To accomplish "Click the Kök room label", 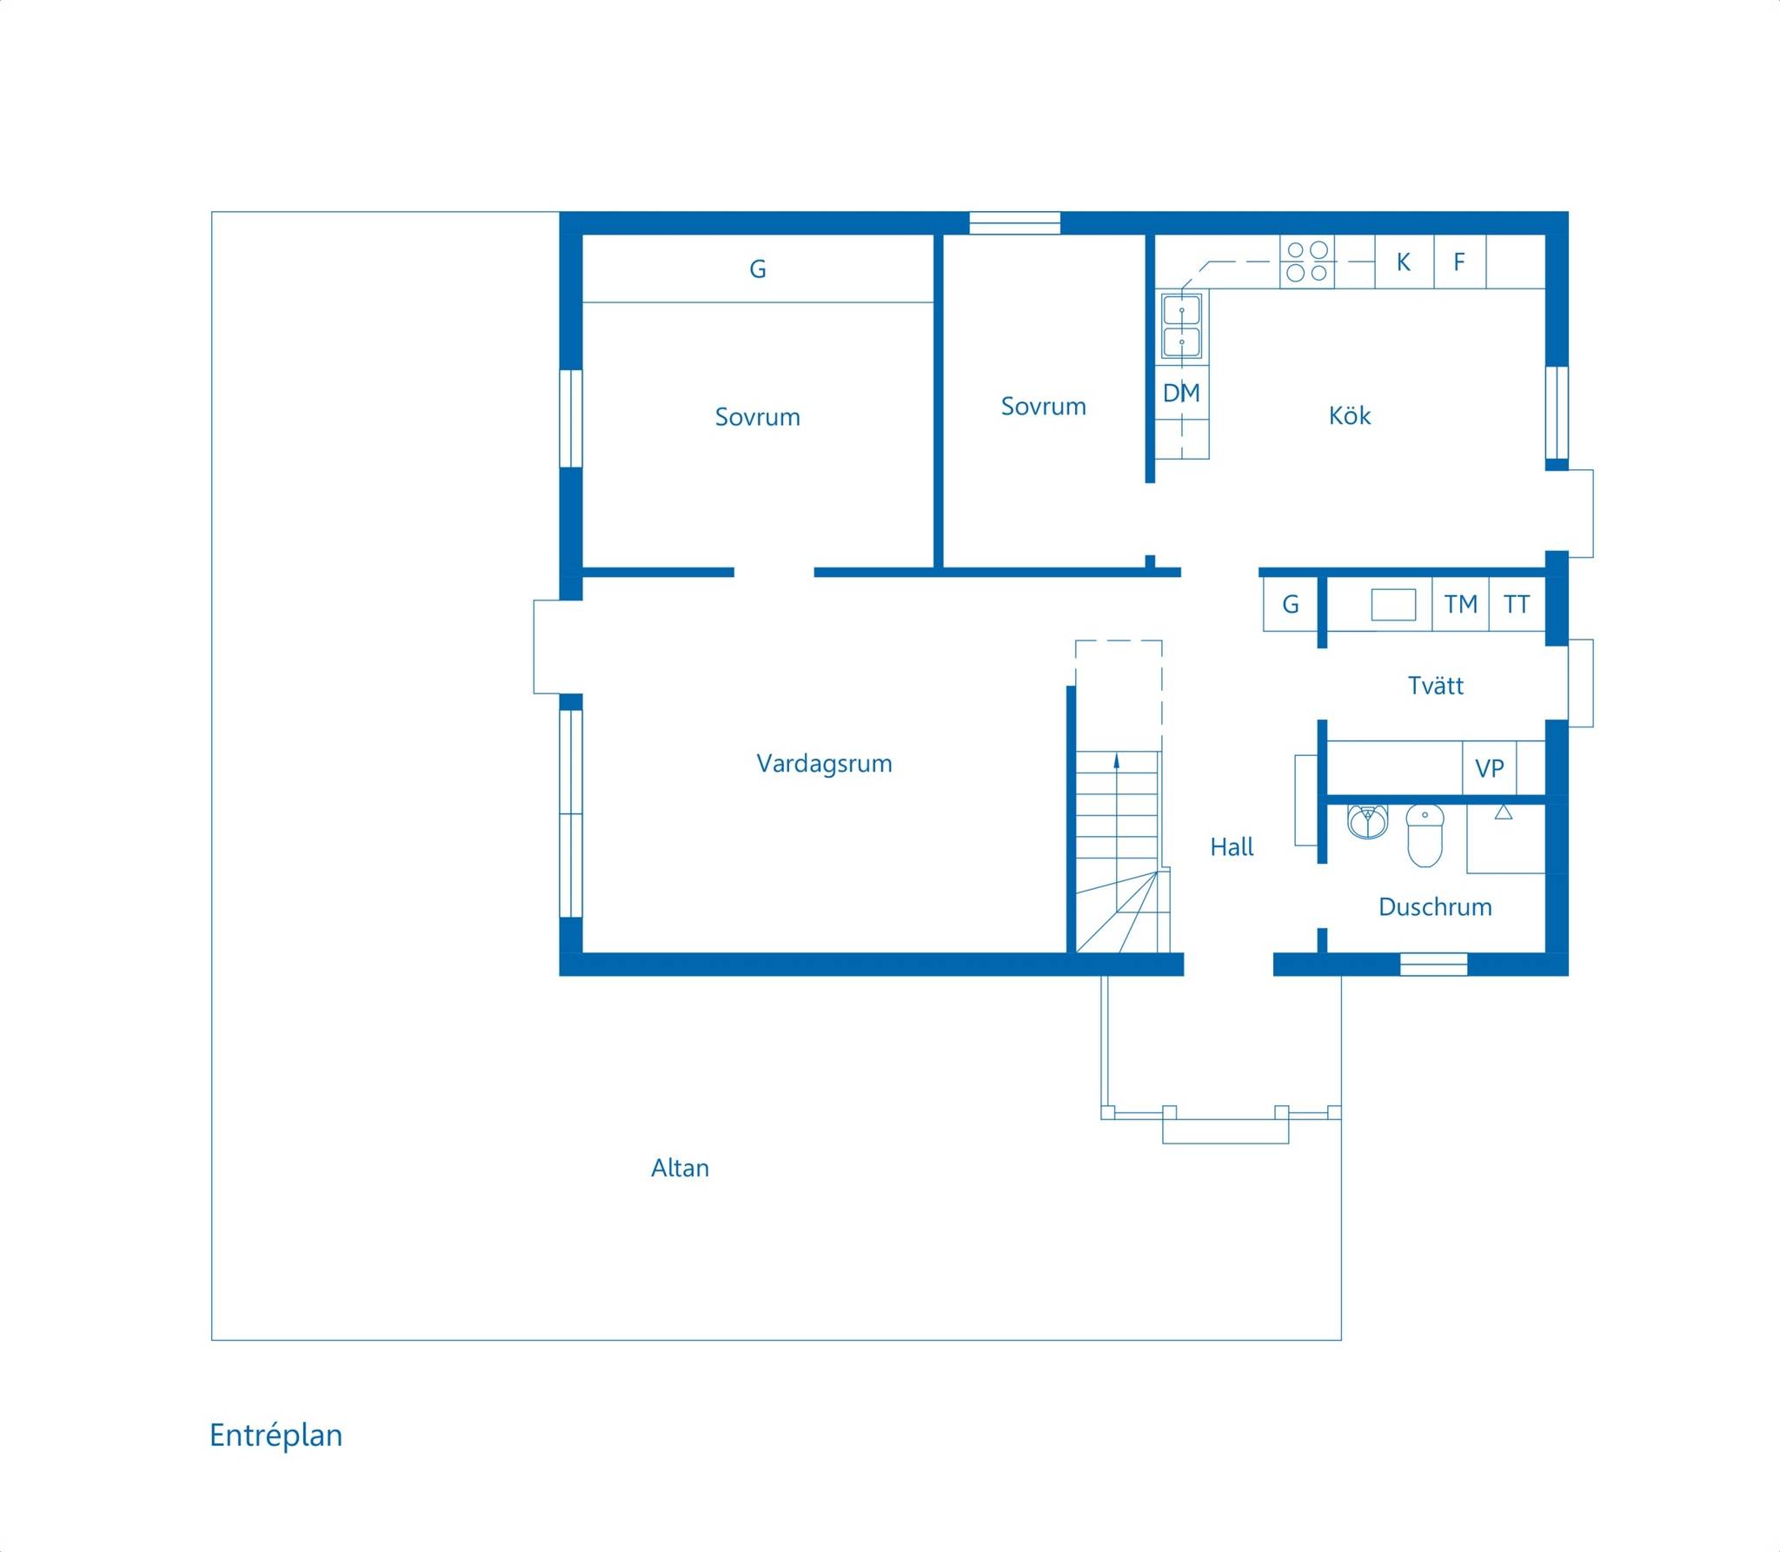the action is coord(1350,415).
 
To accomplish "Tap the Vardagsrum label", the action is coord(824,764).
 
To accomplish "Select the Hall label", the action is coord(1232,847).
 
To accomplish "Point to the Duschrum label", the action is coord(1435,907).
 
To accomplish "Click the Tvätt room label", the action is coord(1435,686).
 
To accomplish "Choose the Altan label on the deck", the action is coord(680,1168).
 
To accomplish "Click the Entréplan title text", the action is coord(276,1436).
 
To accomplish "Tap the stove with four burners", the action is coord(1307,262).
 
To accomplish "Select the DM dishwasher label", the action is coord(1181,393).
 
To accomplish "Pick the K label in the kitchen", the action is coord(1403,262).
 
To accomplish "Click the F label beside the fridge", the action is coord(1459,262).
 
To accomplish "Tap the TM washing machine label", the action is coord(1460,604).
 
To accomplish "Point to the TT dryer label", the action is coord(1517,604).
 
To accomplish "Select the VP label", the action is coord(1489,768).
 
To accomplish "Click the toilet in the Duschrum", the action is coord(1425,836).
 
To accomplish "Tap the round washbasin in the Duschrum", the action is coord(1368,821).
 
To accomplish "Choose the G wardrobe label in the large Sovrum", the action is coord(757,269).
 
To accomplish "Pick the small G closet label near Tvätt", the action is coord(1291,604).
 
